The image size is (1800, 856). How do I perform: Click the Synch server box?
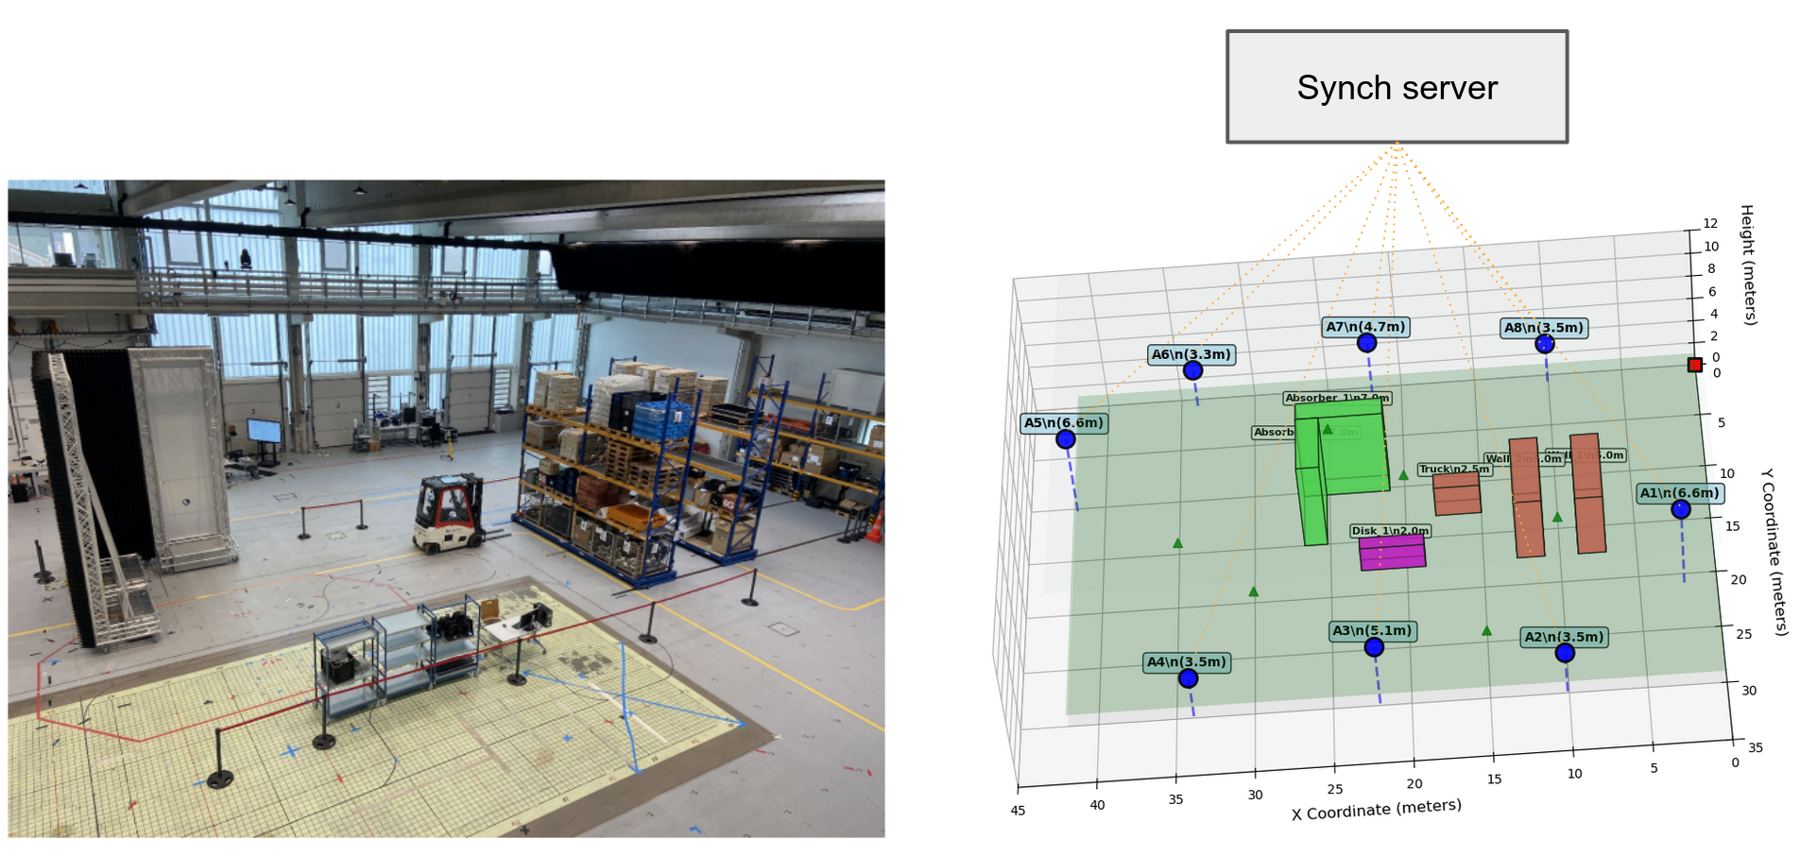(1396, 87)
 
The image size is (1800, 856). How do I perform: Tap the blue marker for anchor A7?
(1366, 343)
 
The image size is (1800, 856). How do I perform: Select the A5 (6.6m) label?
(1064, 423)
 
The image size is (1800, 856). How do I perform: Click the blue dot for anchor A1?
(1680, 509)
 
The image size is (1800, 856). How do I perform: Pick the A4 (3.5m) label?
(1186, 662)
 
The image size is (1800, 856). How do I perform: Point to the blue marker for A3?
(1374, 647)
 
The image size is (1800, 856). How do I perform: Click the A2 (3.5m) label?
(1564, 638)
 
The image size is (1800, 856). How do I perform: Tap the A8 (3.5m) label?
(1543, 328)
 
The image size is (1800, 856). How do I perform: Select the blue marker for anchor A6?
(1192, 370)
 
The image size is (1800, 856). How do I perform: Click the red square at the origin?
(1694, 365)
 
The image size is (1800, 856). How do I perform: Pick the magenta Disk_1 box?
(1392, 553)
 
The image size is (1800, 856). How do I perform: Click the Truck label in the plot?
(1453, 469)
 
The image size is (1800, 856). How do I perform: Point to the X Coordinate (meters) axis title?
(1376, 809)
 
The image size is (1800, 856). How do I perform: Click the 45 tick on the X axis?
(1018, 811)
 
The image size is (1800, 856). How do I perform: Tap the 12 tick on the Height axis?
(1710, 224)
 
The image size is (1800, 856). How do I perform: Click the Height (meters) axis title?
(1748, 265)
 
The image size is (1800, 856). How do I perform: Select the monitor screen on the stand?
(264, 431)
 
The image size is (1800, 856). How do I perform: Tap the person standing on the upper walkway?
(246, 258)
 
